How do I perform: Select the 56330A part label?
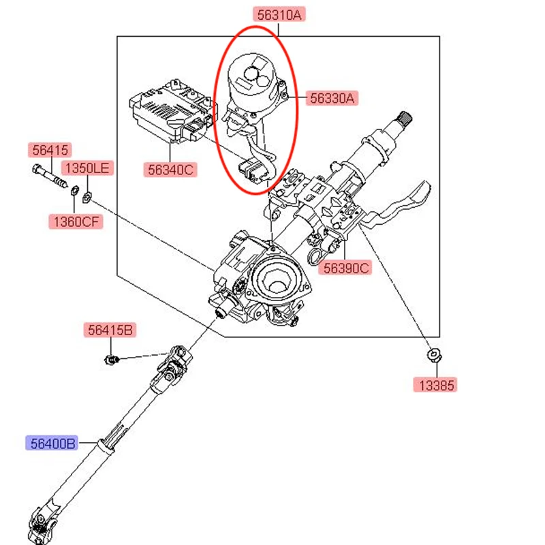[332, 98]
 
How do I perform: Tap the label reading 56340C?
[168, 168]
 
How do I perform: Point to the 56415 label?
[49, 150]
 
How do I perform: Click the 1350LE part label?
[86, 168]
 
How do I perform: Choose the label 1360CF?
[75, 221]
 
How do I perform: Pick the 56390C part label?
[346, 268]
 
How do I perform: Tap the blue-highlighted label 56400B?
[52, 443]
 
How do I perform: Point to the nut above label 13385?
[432, 355]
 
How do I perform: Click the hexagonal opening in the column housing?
[276, 280]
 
